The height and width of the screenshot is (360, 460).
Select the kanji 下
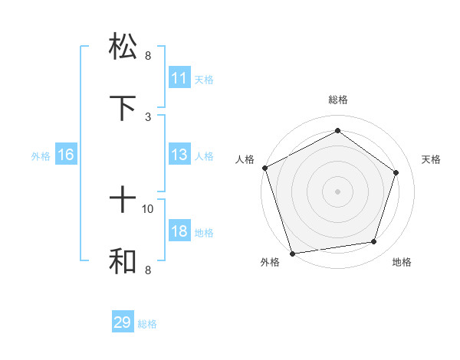(123, 108)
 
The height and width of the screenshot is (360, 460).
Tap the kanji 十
(123, 201)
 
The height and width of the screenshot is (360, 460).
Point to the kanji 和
(123, 261)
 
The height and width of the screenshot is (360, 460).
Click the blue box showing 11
(179, 78)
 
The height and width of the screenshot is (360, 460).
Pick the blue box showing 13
(179, 155)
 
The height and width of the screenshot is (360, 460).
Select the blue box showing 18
(179, 232)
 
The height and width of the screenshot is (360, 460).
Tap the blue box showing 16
(66, 155)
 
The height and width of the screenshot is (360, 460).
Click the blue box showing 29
(123, 322)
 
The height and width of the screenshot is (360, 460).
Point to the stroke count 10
(148, 208)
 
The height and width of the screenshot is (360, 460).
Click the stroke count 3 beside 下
(148, 116)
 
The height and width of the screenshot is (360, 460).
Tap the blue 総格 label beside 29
(147, 324)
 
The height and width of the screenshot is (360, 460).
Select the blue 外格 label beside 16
(41, 156)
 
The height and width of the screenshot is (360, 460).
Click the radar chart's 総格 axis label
(337, 100)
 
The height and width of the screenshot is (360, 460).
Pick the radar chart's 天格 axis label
(432, 159)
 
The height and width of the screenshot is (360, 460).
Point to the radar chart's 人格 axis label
(245, 159)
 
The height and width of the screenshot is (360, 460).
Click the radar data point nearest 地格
(373, 242)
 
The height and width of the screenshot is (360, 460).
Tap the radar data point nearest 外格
(292, 253)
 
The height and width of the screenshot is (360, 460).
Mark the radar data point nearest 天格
(396, 172)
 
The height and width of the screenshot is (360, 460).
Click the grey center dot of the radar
(337, 191)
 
